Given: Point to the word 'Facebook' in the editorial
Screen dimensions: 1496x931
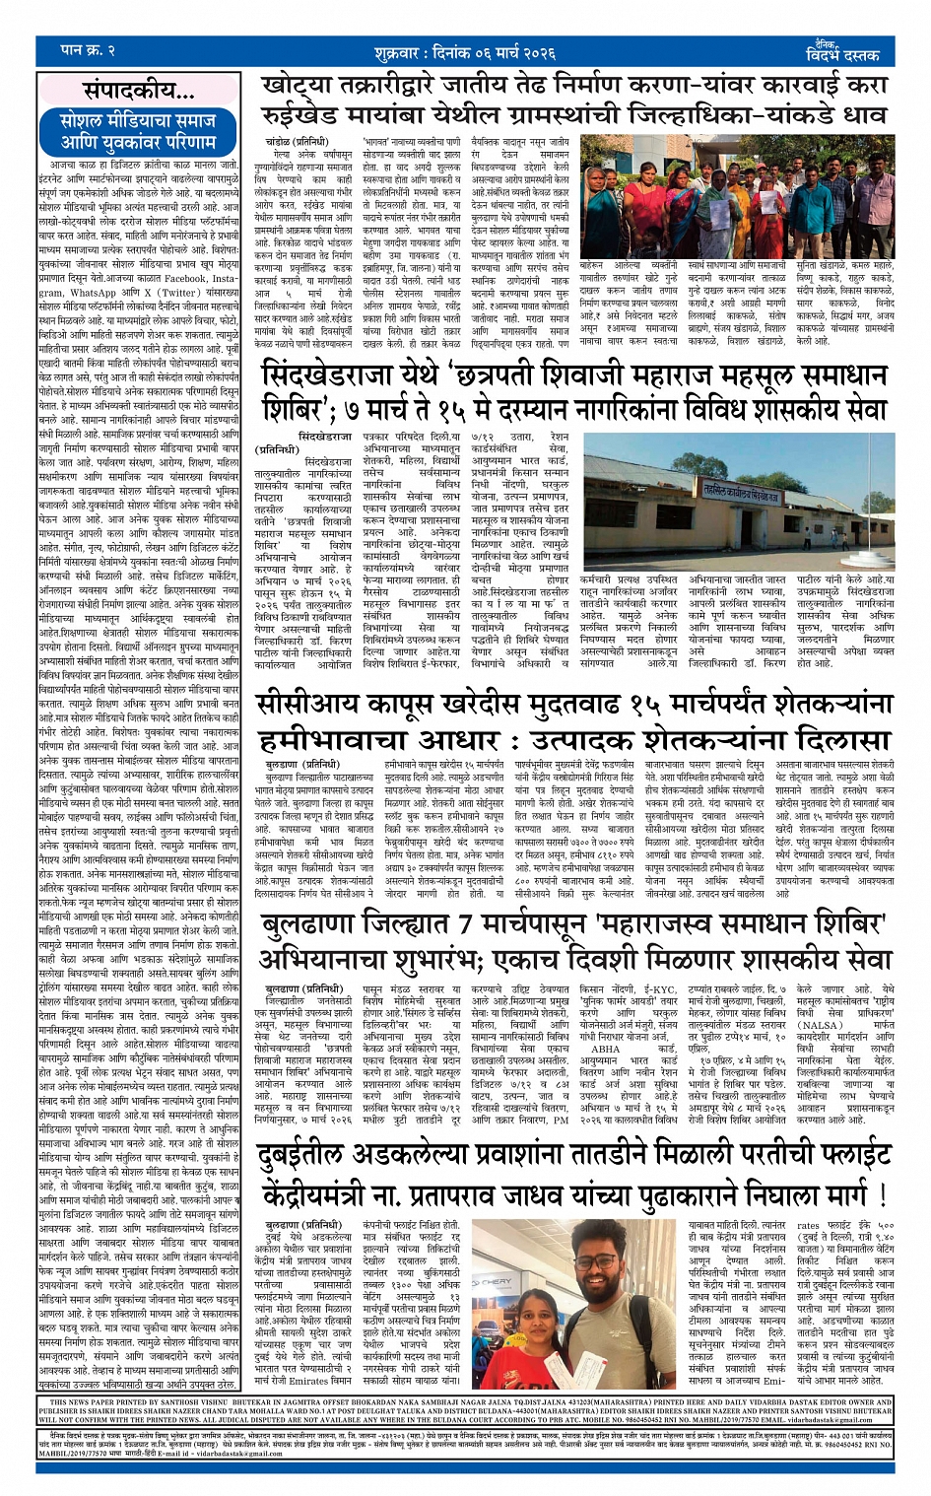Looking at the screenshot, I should pyautogui.click(x=178, y=279).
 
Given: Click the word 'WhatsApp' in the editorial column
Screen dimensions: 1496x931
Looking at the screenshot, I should pyautogui.click(x=93, y=293).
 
